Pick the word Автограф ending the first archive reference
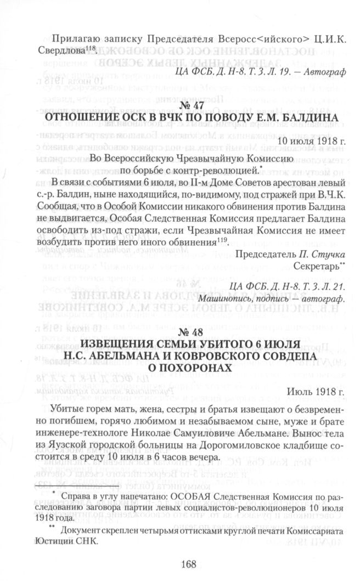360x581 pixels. (327, 71)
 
